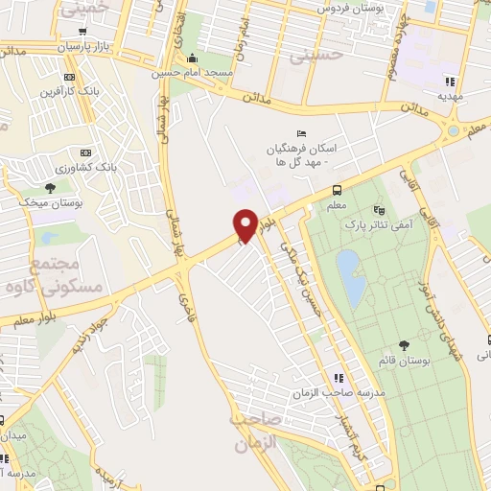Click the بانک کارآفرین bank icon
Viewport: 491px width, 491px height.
[69, 77]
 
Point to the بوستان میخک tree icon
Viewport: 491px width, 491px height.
[50, 187]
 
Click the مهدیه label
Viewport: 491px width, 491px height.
[452, 96]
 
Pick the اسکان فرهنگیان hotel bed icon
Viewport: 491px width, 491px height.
[301, 133]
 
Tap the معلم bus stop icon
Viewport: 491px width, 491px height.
[336, 190]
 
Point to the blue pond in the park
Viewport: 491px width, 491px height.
[349, 274]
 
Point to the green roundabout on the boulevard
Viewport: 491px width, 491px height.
[453, 131]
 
